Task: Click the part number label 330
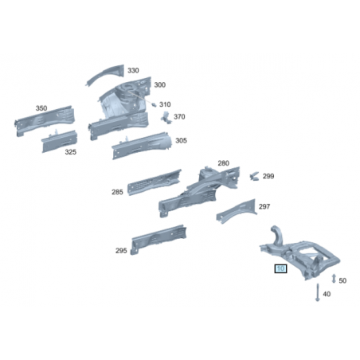(x=133, y=70)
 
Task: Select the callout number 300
(x=159, y=84)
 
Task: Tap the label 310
(x=165, y=104)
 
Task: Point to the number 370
(x=179, y=116)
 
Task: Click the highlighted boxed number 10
(x=280, y=268)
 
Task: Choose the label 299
(x=268, y=176)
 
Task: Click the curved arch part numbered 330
(x=105, y=74)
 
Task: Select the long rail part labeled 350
(x=44, y=121)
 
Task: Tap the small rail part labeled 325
(x=59, y=141)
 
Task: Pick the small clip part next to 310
(x=154, y=105)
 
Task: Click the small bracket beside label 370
(x=166, y=117)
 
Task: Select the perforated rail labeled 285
(x=154, y=182)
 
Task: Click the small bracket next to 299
(x=254, y=176)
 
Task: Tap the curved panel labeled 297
(x=237, y=211)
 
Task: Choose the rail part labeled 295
(x=158, y=240)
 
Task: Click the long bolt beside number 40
(x=318, y=292)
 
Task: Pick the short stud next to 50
(x=334, y=279)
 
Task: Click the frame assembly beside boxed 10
(x=300, y=253)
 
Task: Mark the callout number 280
(x=223, y=163)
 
